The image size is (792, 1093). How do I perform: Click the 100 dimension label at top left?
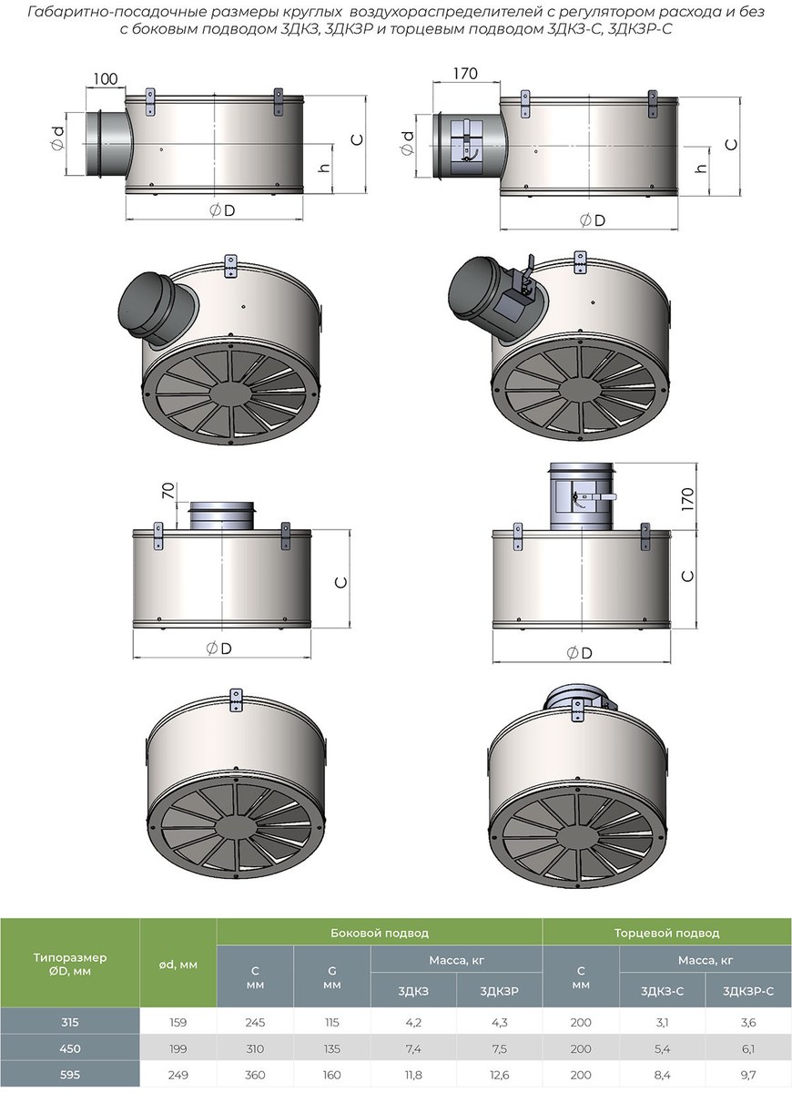tap(106, 78)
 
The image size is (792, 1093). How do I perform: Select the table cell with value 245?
tap(255, 1022)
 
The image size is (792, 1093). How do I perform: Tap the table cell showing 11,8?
tap(412, 1074)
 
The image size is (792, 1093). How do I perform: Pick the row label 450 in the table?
tap(70, 1048)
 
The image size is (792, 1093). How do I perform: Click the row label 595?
tap(70, 1074)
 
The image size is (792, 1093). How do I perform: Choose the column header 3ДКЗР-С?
tap(748, 991)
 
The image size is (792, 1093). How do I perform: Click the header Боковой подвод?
tap(380, 933)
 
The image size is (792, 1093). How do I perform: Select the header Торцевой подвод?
tap(666, 933)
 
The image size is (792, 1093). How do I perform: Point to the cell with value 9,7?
tap(748, 1074)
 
